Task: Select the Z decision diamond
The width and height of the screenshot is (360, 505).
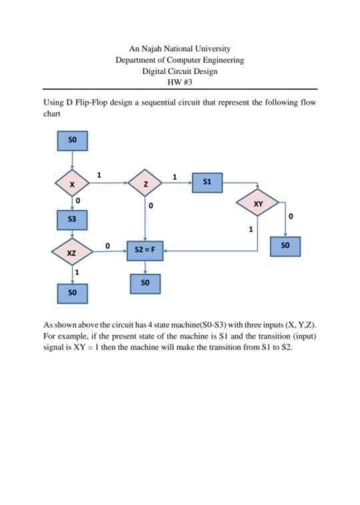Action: coord(145,183)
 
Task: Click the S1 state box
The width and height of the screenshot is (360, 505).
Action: coord(206,181)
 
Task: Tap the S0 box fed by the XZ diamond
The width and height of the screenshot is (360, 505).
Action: coord(71,292)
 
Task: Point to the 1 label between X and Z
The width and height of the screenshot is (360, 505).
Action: coord(99,175)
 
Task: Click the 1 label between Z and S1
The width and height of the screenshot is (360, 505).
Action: coord(175,176)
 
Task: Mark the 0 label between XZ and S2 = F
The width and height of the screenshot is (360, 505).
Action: coord(107,247)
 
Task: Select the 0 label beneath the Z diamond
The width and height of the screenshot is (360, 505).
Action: coord(152,208)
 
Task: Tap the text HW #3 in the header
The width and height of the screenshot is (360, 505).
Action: coord(179,82)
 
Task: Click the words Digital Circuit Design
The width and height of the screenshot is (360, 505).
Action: coord(179,71)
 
